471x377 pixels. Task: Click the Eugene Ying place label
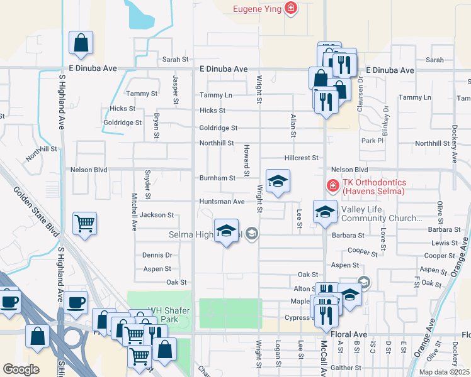point(256,9)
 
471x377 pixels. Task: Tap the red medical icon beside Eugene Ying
point(290,8)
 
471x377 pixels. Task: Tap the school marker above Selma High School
point(226,231)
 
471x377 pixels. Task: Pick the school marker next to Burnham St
point(278,182)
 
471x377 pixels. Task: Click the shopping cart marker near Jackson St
point(84,224)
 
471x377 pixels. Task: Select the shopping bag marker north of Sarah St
point(81,43)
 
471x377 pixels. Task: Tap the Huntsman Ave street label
point(222,202)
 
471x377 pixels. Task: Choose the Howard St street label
point(246,160)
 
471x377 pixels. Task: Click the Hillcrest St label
point(302,158)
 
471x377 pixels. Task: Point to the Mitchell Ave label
point(134,212)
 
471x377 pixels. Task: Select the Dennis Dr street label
point(157,255)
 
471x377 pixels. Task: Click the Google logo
point(21,369)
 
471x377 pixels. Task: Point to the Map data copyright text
point(443,372)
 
